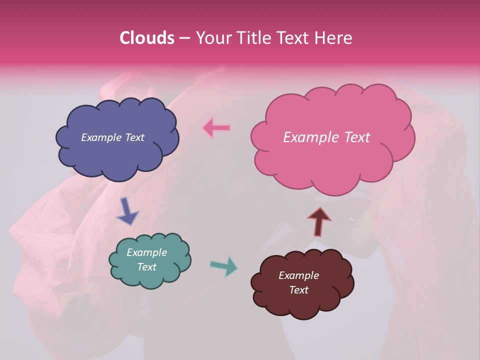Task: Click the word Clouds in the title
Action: (146, 38)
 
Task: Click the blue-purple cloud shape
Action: (117, 150)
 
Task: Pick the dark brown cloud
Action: (302, 300)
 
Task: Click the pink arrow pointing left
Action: (216, 128)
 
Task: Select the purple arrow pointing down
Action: (127, 211)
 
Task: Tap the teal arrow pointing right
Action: (224, 266)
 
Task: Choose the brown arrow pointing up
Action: (318, 221)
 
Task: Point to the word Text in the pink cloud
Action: (356, 137)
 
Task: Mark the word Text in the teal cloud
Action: (146, 267)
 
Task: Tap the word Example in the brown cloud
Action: (298, 275)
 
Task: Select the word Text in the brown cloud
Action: (298, 290)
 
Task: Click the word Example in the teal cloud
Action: (146, 252)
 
